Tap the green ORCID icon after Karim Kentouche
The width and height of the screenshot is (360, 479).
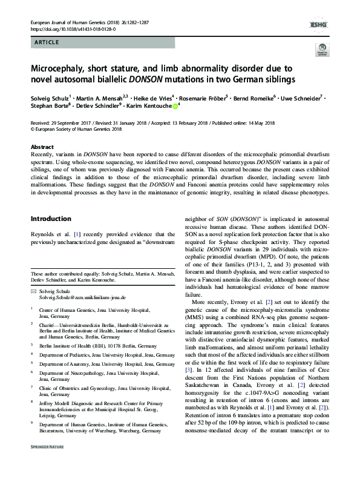pyautogui.click(x=175, y=105)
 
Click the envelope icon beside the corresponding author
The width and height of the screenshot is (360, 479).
pyautogui.click(x=33, y=291)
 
